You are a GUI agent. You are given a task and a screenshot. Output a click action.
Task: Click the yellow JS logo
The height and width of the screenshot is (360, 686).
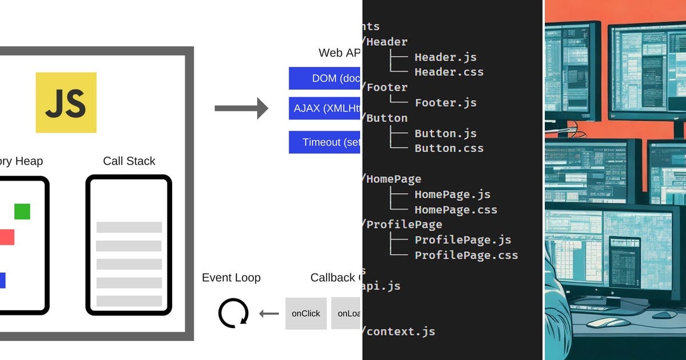click(66, 102)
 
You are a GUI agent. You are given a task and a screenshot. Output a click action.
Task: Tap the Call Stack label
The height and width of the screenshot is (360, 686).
click(129, 161)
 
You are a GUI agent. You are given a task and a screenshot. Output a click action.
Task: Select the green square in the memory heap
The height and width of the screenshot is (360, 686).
click(22, 211)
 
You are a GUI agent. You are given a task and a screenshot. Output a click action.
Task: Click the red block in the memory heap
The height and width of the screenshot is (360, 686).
click(6, 237)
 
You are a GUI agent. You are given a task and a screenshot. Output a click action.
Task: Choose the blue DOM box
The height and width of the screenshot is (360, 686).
click(325, 78)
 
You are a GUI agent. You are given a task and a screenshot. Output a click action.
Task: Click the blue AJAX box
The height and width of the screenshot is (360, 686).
click(325, 108)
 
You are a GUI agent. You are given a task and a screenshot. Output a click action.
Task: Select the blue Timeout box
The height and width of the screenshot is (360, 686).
click(325, 142)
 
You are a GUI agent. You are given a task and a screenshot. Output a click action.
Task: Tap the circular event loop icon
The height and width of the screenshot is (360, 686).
click(233, 313)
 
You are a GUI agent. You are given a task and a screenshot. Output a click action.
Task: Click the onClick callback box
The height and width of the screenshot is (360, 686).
click(306, 313)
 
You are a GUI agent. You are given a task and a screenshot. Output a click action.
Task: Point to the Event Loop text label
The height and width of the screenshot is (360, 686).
click(231, 278)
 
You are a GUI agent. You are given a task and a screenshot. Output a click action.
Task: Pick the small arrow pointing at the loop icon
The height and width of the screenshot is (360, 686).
click(269, 313)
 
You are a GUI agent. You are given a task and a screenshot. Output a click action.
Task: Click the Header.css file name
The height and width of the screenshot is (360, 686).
click(449, 72)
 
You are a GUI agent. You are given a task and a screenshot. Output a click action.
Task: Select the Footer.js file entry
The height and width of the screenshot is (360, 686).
click(445, 103)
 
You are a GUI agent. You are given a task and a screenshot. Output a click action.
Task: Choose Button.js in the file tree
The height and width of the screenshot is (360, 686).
click(445, 133)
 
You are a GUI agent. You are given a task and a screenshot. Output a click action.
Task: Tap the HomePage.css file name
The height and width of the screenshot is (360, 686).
click(456, 210)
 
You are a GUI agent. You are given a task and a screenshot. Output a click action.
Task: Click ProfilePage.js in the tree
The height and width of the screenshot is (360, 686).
click(462, 240)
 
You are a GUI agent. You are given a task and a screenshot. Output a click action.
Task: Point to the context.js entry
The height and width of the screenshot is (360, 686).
click(400, 331)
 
